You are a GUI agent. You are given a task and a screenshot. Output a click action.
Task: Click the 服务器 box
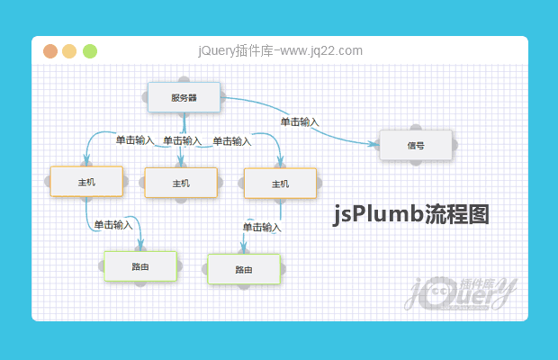click(x=184, y=97)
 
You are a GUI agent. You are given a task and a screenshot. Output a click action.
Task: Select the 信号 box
click(x=415, y=145)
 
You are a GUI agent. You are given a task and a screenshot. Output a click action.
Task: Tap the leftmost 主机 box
click(x=86, y=182)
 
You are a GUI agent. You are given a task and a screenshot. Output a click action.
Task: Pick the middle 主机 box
click(x=181, y=183)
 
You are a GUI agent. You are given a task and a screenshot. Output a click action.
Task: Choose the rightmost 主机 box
click(x=280, y=183)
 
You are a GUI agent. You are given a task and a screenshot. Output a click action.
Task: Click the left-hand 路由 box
click(x=139, y=266)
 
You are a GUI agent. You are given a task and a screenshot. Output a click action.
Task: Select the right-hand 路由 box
click(x=243, y=269)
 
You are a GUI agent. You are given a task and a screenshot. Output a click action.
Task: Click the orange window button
click(x=51, y=51)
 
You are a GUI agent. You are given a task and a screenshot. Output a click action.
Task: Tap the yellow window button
click(x=70, y=51)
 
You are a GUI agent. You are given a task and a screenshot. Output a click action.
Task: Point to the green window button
click(x=90, y=51)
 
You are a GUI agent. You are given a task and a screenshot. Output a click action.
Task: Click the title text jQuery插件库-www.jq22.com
click(x=280, y=51)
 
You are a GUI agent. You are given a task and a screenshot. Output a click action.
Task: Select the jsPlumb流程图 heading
click(x=411, y=214)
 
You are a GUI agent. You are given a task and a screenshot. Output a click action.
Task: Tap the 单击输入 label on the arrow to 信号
click(x=300, y=121)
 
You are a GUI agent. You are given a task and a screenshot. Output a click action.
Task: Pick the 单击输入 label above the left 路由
click(x=112, y=224)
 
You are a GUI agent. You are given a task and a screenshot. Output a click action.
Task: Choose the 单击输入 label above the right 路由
click(x=262, y=227)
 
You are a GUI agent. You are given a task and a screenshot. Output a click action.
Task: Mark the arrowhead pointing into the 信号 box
click(x=373, y=144)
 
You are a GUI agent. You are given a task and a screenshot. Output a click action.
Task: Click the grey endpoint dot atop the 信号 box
click(x=415, y=128)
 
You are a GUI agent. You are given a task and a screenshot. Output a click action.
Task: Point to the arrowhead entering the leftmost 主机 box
click(x=87, y=161)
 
